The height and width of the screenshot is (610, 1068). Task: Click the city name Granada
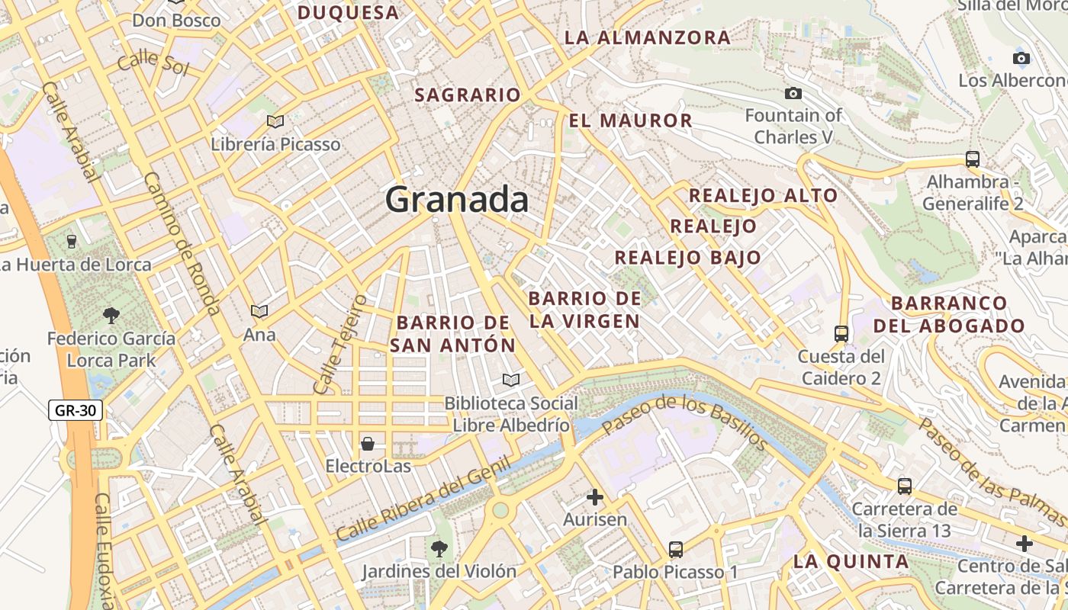[456, 200]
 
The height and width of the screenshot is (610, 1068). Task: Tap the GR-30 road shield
[76, 410]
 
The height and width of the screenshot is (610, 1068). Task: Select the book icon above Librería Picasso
[275, 121]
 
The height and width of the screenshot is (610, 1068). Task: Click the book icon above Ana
[259, 311]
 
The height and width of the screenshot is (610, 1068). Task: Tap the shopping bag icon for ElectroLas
[368, 443]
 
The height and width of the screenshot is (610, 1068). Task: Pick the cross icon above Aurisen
[594, 498]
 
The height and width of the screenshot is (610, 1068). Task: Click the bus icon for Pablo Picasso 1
[675, 549]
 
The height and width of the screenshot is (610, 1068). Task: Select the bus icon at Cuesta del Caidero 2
[841, 333]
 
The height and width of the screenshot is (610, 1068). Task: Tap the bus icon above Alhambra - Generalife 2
[972, 159]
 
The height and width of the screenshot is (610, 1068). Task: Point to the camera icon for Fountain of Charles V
[793, 93]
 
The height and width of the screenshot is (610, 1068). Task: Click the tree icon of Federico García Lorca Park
[111, 315]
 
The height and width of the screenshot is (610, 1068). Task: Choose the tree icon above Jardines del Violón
[439, 547]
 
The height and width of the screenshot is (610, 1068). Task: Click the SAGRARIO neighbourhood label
[467, 95]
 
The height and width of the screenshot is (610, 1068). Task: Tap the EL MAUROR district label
[630, 120]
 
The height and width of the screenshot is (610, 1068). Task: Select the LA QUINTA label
[851, 562]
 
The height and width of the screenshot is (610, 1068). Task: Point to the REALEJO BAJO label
[687, 258]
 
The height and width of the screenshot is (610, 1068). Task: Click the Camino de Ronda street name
[182, 243]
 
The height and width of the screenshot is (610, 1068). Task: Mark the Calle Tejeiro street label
[339, 345]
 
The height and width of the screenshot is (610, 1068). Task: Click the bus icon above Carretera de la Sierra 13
[904, 486]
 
